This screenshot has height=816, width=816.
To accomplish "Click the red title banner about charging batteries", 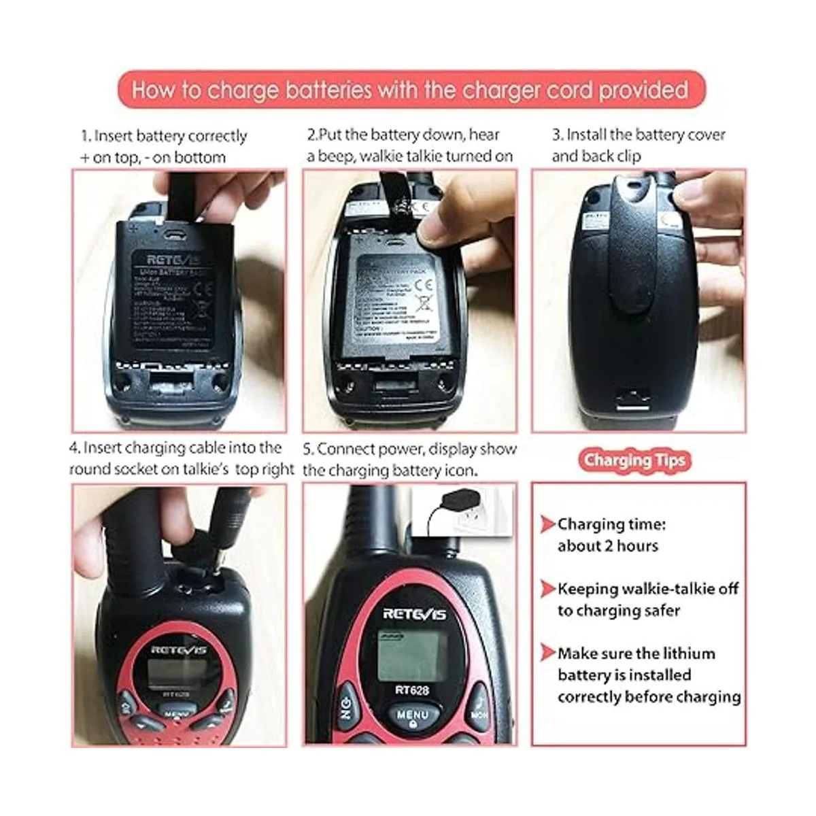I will coord(410,90).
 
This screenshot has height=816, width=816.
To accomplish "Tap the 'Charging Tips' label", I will coord(634,460).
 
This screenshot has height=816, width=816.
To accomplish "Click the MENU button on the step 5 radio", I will coord(412,717).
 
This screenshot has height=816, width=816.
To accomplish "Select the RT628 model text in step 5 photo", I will coord(411,690).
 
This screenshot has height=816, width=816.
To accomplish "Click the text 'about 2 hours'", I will coord(607,546).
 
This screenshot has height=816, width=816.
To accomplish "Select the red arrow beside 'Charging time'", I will coord(548,524).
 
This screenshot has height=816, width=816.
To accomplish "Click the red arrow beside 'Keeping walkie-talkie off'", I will coord(548,589).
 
